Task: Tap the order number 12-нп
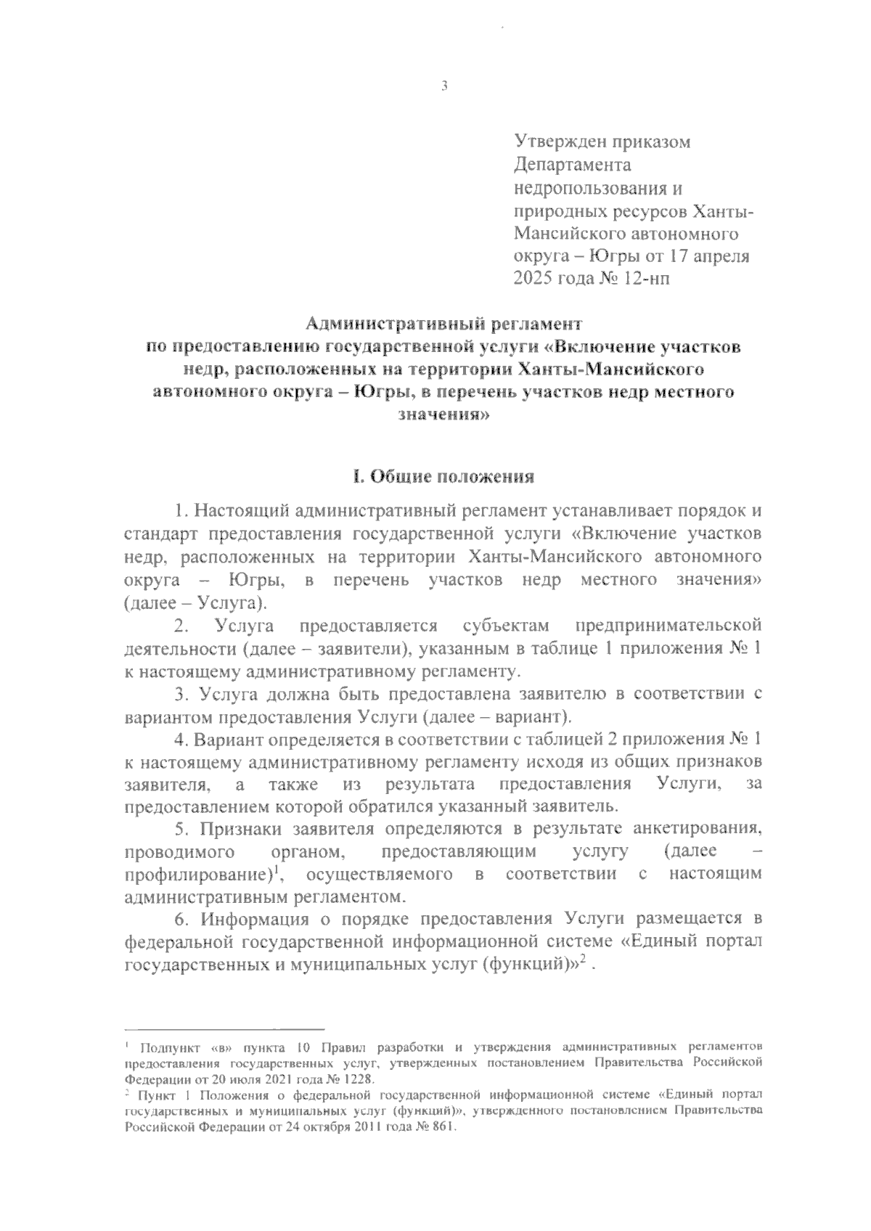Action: [x=649, y=278]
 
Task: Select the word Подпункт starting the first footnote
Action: [x=165, y=1048]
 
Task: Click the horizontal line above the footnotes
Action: [x=224, y=1028]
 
